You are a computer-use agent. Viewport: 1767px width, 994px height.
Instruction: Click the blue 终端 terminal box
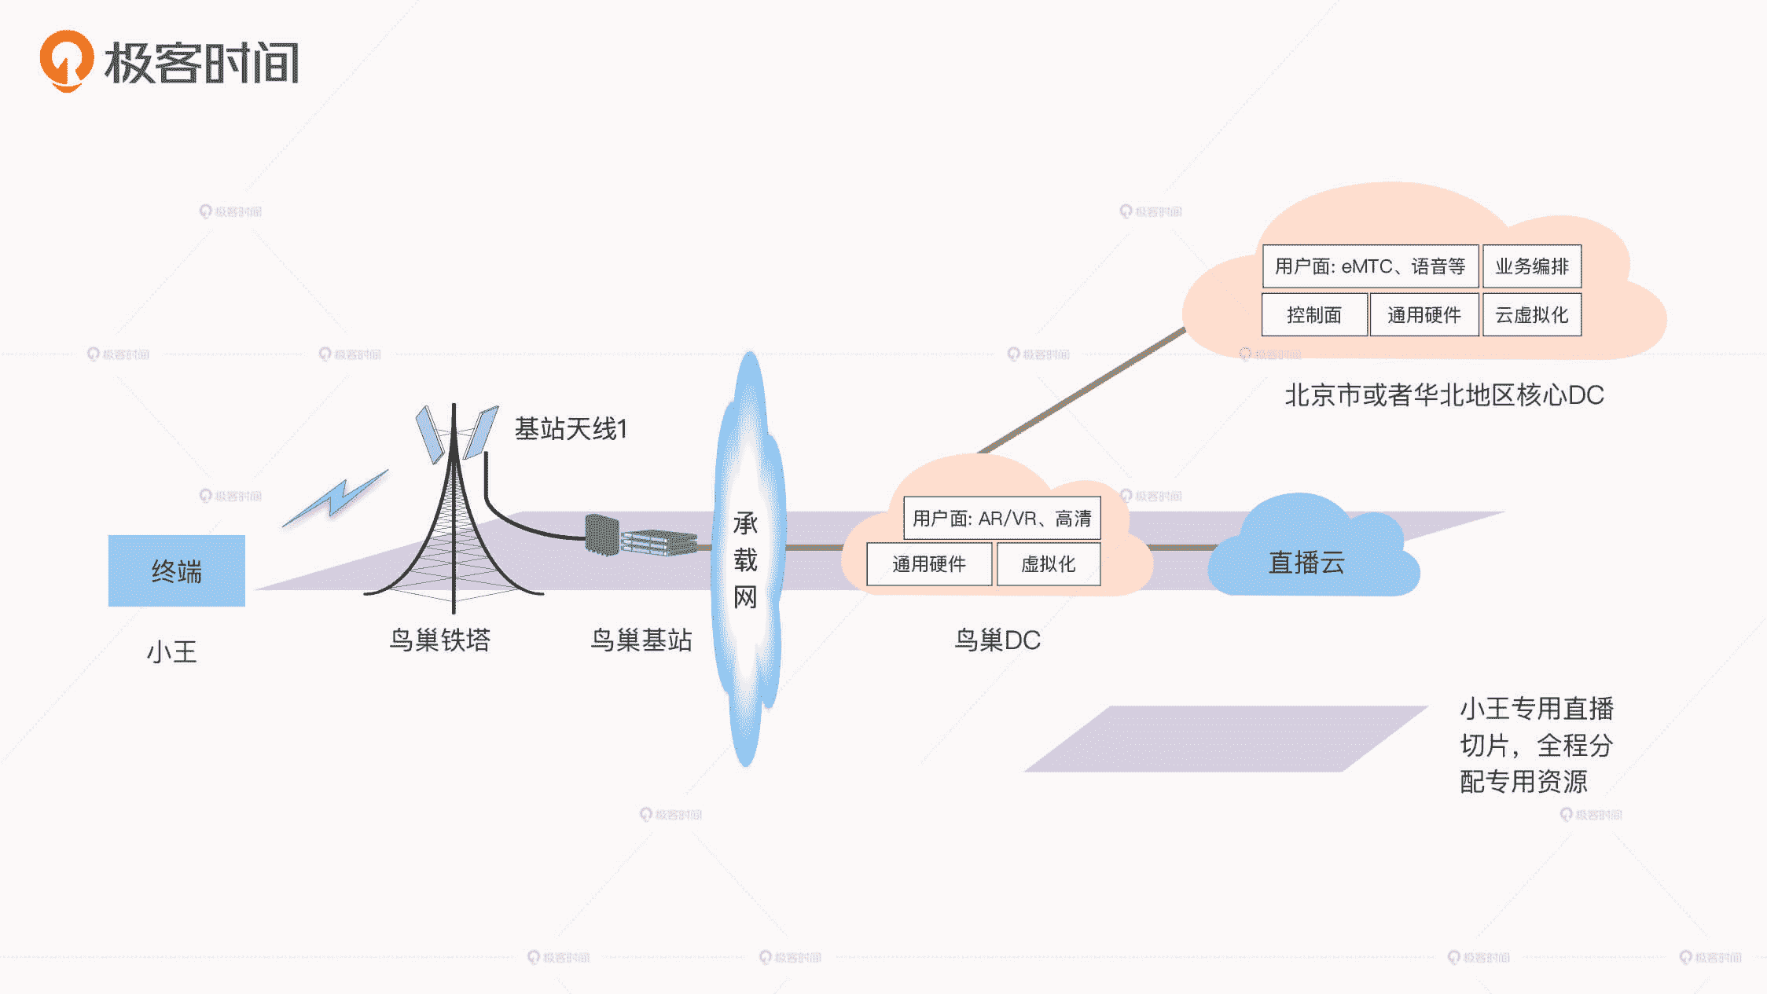(176, 570)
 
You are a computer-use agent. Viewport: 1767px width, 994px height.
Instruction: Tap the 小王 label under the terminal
(171, 651)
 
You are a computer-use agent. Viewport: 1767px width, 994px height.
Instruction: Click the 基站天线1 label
(571, 429)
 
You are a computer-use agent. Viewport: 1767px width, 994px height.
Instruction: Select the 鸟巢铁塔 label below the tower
(439, 640)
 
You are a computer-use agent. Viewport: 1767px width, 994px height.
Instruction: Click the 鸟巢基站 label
(641, 640)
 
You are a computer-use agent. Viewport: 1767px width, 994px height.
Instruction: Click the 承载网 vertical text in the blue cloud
(745, 559)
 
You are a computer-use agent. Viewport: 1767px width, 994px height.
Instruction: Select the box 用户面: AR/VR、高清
(1001, 519)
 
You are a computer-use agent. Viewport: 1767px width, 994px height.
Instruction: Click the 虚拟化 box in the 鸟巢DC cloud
(1048, 564)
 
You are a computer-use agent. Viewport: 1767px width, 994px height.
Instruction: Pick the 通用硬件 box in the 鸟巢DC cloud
(928, 564)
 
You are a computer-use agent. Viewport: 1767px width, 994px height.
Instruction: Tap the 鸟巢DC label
(997, 640)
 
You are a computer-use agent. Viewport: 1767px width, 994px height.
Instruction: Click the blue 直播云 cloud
(1306, 561)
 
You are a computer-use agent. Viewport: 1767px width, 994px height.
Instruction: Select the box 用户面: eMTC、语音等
(1369, 266)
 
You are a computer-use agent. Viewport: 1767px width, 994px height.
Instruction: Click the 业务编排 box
(1531, 266)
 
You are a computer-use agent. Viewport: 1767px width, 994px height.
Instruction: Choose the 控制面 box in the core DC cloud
(1313, 315)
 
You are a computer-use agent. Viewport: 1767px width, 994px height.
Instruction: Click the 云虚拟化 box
(1531, 315)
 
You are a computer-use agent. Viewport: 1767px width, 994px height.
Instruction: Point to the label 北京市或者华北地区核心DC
(1444, 395)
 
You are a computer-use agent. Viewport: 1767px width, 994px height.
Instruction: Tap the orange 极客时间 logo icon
(67, 61)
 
